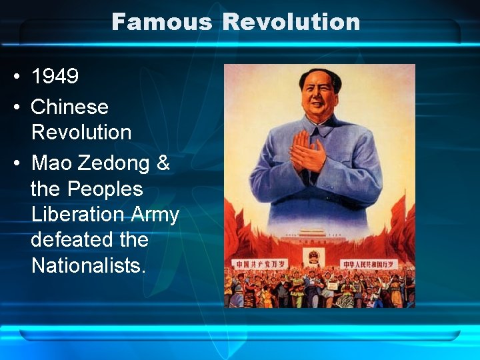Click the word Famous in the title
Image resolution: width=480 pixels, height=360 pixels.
click(x=161, y=22)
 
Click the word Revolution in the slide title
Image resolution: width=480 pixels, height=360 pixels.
click(x=291, y=22)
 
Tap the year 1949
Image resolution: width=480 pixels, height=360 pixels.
click(x=55, y=76)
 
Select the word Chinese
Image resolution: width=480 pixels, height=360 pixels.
click(x=69, y=107)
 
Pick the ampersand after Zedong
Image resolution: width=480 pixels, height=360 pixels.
click(x=163, y=163)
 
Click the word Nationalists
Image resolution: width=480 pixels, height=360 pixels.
click(x=87, y=265)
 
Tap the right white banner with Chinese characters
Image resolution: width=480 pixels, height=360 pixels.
click(x=369, y=264)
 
